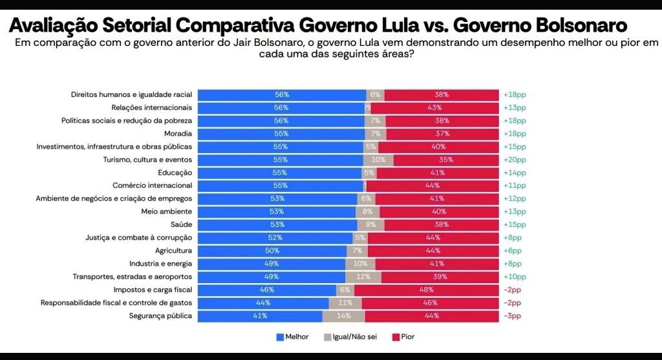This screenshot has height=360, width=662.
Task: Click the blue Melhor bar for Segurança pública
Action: (x=260, y=316)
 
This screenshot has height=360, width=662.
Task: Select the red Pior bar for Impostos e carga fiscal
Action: (x=426, y=290)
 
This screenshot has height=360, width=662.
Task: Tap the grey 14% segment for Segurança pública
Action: (x=343, y=316)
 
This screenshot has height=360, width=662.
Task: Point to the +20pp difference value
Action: (x=515, y=160)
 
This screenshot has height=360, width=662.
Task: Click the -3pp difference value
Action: (x=511, y=316)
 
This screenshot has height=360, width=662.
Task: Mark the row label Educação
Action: (x=175, y=173)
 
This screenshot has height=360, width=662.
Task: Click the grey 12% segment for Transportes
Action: (x=363, y=277)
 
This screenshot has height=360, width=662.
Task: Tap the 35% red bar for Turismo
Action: (x=445, y=160)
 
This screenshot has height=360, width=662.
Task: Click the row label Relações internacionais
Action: (x=151, y=107)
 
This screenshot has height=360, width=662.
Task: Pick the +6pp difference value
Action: (x=513, y=251)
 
